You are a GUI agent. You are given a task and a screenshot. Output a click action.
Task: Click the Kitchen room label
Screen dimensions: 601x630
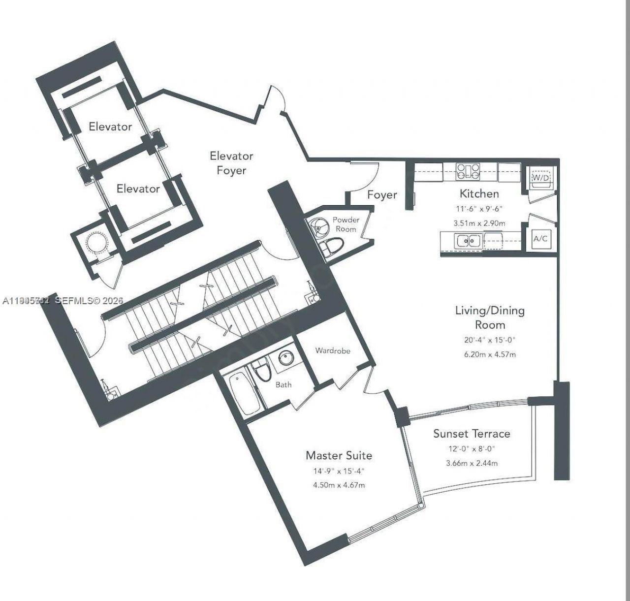479,193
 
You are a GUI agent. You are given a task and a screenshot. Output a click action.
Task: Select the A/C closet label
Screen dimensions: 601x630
540,239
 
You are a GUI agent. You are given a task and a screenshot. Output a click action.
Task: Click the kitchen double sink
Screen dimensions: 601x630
468,241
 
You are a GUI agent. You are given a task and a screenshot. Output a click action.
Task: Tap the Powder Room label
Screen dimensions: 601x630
346,224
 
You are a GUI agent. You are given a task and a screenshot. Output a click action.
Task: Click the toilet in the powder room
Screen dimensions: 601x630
332,246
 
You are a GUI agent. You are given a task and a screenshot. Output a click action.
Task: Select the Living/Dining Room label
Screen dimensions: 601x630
490,317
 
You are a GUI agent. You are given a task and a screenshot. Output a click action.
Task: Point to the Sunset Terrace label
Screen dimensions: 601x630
472,434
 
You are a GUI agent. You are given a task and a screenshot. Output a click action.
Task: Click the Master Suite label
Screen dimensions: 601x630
339,455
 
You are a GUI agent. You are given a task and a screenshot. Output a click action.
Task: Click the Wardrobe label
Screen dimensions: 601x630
333,351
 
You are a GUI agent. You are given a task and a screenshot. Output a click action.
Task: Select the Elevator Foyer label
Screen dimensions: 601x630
231,163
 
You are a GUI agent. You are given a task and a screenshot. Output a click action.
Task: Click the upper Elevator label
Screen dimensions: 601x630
110,127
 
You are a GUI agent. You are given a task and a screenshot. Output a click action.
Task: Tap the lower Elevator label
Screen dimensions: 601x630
138,189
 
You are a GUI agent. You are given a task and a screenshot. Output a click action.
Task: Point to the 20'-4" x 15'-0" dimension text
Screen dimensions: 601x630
490,340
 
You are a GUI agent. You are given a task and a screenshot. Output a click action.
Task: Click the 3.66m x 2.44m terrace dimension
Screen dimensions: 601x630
472,463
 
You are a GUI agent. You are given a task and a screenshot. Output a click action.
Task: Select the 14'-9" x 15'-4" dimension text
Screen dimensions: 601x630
339,471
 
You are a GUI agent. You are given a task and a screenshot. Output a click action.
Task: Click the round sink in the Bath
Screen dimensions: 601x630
286,358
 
